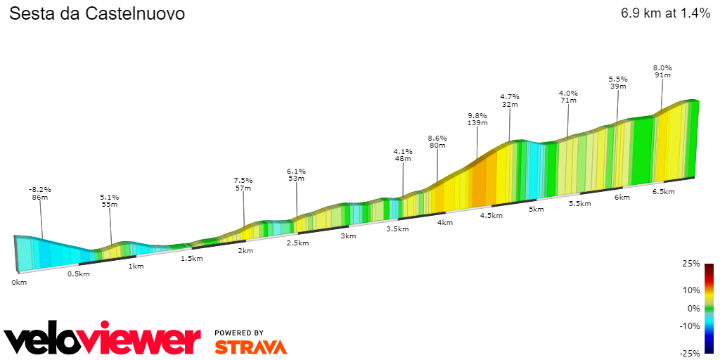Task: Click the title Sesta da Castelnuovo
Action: coord(97,13)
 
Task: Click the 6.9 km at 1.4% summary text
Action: coord(665,13)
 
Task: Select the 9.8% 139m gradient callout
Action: coord(477,119)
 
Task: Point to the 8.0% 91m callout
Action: coord(662,71)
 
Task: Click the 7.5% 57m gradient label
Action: coord(243,184)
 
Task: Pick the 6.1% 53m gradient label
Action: coord(297,174)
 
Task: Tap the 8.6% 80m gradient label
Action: coord(437,141)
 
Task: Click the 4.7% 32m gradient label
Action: coord(510,100)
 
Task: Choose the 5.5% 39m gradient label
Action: coord(618,82)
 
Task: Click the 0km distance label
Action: coord(19,282)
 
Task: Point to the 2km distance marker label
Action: coord(245,251)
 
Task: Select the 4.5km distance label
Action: coord(491,216)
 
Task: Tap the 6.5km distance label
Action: coord(664,192)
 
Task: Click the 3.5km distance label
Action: coord(398,229)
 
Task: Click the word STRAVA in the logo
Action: coord(251,347)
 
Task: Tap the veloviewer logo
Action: coord(103,340)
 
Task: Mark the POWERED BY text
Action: coord(239,333)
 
